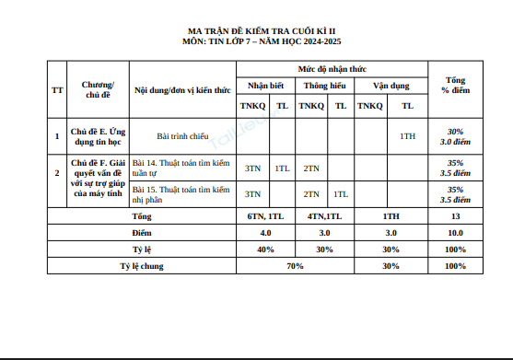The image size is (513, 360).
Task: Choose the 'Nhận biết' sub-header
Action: point(268,86)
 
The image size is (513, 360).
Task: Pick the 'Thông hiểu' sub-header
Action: point(326,86)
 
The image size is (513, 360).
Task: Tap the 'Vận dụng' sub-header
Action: point(391,86)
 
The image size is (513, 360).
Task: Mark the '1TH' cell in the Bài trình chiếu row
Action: point(408,136)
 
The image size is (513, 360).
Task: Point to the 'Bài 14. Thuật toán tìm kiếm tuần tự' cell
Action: point(182,168)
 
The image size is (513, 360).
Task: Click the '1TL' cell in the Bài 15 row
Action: point(340,194)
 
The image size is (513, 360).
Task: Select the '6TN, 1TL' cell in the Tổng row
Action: point(268,216)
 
